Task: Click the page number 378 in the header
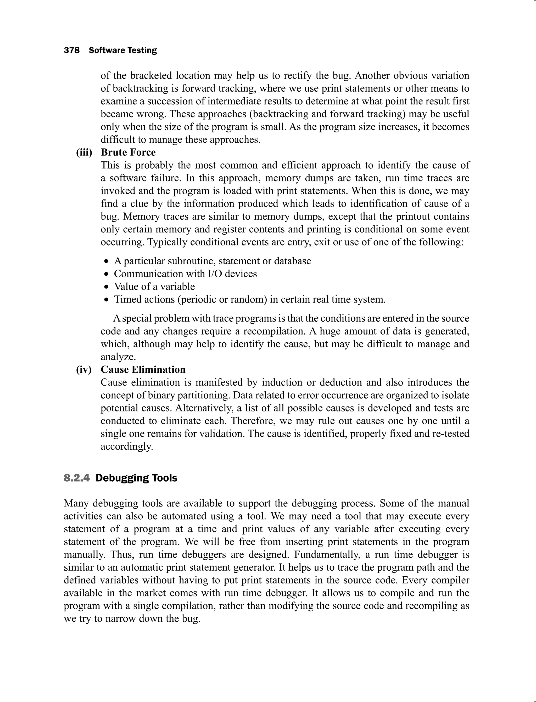(x=71, y=51)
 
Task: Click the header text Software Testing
(x=122, y=51)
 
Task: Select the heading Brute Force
(x=128, y=153)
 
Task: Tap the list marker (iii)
(x=84, y=153)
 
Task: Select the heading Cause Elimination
(x=143, y=370)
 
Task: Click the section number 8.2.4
(x=77, y=478)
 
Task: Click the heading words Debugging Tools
(x=136, y=478)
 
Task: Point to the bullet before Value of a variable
(x=107, y=287)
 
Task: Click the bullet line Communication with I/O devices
(x=185, y=274)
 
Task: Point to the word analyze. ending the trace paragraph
(x=118, y=357)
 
